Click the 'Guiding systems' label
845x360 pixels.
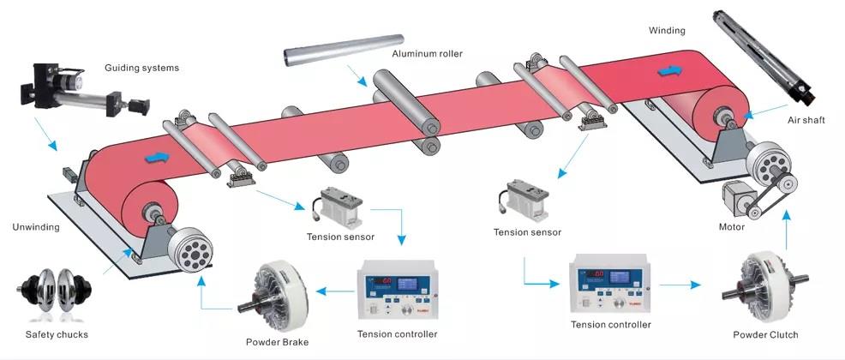click(141, 68)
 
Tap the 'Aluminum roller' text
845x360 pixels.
click(427, 54)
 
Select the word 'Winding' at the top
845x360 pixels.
click(667, 31)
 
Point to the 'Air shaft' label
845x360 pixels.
click(806, 121)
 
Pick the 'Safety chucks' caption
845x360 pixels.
click(57, 334)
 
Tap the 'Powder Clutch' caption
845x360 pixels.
click(765, 334)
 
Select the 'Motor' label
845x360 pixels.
click(731, 227)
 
